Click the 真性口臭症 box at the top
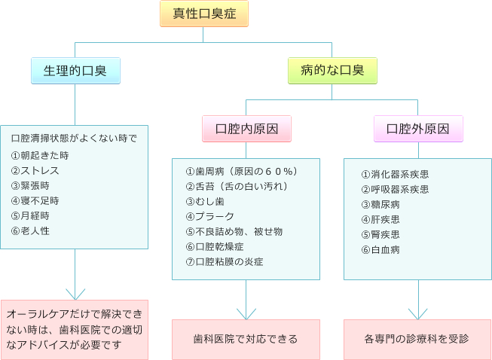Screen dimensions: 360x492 pos(203,14)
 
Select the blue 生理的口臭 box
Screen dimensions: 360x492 pos(75,71)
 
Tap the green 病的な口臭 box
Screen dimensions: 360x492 pos(332,71)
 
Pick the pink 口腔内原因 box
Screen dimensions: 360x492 pos(246,128)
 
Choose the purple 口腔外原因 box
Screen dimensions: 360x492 pos(418,128)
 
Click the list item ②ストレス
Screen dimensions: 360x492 pos(35,170)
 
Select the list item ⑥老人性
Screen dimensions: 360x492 pos(31,230)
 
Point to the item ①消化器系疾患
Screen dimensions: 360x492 pos(396,174)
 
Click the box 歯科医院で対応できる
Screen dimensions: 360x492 pos(246,338)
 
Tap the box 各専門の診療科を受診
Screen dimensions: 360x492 pos(417,338)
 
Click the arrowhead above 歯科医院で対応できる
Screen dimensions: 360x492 pos(246,312)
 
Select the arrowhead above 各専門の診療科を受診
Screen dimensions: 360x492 pos(418,312)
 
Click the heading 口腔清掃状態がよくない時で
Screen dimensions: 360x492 pos(74,139)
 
